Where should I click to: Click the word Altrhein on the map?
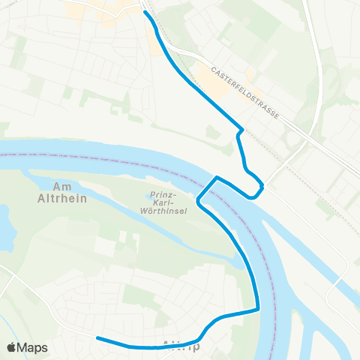coord(62,199)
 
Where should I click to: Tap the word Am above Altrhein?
coord(62,186)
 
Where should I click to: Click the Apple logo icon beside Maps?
coord(13,347)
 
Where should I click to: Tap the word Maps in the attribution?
coord(34,347)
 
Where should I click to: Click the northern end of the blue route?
coord(145,13)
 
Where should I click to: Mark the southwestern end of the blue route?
coord(97,338)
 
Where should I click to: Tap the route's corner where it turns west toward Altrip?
coord(257,308)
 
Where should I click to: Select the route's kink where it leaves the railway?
coord(239,131)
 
